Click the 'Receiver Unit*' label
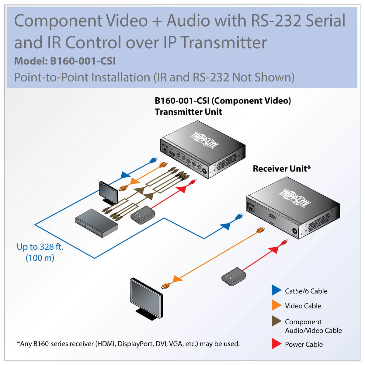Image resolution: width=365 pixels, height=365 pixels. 282,169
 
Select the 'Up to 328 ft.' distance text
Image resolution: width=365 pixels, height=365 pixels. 40,247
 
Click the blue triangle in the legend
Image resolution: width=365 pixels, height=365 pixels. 276,290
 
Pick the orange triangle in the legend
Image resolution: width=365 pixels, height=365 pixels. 276,305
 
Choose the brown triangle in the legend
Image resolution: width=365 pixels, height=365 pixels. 276,321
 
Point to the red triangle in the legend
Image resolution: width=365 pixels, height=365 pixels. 276,344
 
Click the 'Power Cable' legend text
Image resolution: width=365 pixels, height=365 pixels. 304,345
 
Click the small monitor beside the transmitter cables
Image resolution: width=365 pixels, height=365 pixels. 108,192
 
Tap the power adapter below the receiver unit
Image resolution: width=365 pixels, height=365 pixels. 234,276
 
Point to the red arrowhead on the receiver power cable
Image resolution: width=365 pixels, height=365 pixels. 274,249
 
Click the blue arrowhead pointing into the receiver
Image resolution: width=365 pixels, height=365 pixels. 225,226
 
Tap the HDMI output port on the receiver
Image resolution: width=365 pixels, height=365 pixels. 272,217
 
